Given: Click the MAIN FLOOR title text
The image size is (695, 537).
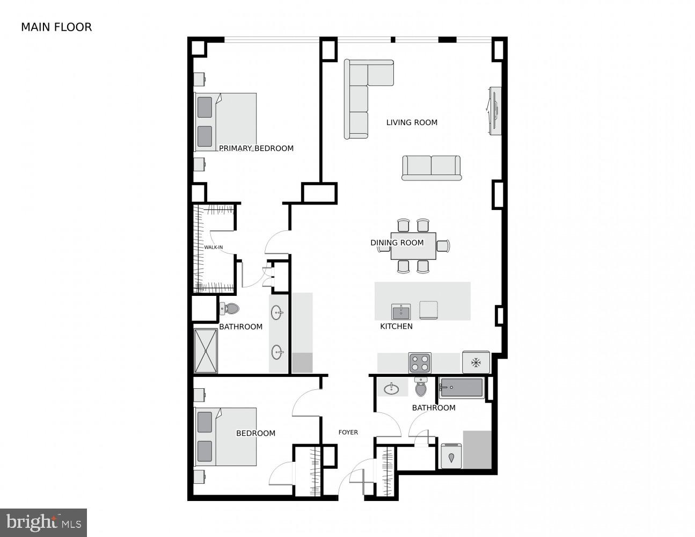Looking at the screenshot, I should [56, 27].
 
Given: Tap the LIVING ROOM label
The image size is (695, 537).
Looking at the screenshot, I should [412, 122].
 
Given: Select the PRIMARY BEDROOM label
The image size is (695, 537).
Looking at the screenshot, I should [256, 148].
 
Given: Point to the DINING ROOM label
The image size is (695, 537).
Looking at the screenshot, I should [397, 243].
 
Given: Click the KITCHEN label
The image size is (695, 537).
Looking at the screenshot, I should [396, 326].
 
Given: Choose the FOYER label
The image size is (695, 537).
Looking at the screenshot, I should [348, 432].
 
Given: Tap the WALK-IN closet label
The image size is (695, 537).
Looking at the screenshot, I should [213, 248].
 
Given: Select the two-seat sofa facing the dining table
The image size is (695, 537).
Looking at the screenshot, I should [431, 168].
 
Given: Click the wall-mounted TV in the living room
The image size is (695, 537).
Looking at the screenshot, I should [494, 111].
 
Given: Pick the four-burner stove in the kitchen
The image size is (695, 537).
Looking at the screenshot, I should [420, 363].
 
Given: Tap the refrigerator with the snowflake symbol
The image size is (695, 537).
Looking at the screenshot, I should [475, 362].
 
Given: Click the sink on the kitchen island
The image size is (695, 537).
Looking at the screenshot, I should [401, 311].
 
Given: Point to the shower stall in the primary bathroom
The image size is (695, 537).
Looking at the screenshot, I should [206, 351].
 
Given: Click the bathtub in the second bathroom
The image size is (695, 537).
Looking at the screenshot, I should [461, 388].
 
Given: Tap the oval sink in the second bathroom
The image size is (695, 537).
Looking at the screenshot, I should [391, 389].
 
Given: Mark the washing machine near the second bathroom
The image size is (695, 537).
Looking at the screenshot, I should [451, 456].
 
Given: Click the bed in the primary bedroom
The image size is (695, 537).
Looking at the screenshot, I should [225, 122].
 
